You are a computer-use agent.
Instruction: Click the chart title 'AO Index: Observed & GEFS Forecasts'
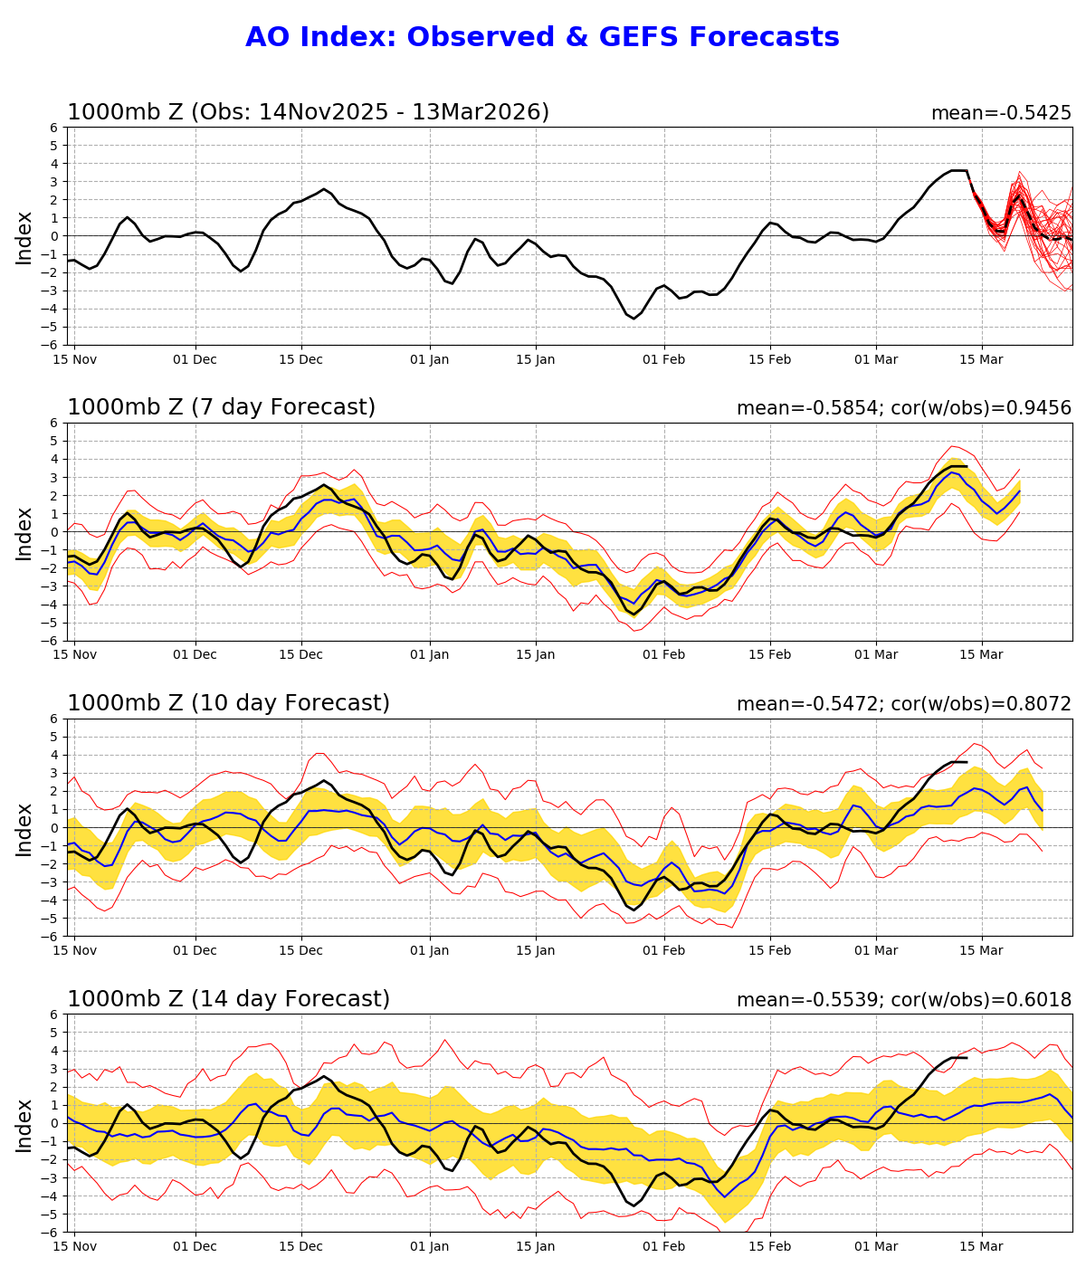click(x=542, y=38)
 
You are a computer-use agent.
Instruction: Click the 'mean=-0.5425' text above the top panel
click(x=1001, y=114)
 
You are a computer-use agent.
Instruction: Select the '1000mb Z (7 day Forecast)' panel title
click(x=221, y=408)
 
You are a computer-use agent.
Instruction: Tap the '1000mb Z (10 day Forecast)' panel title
click(x=228, y=704)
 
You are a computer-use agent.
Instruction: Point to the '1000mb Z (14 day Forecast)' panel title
click(x=228, y=1000)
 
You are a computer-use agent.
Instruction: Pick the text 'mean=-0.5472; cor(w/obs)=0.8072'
click(x=903, y=705)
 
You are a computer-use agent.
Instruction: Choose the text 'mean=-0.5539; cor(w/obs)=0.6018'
click(x=903, y=1001)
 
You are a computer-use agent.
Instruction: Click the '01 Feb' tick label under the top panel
click(x=664, y=359)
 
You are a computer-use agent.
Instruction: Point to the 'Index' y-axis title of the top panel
click(x=24, y=237)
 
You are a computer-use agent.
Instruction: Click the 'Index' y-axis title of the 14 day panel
click(x=24, y=1125)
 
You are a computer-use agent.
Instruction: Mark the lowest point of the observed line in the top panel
click(x=633, y=318)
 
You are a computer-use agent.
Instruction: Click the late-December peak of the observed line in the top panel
click(x=323, y=189)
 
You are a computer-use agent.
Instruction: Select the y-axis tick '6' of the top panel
click(x=54, y=128)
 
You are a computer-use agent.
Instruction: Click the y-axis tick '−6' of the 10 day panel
click(x=51, y=937)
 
